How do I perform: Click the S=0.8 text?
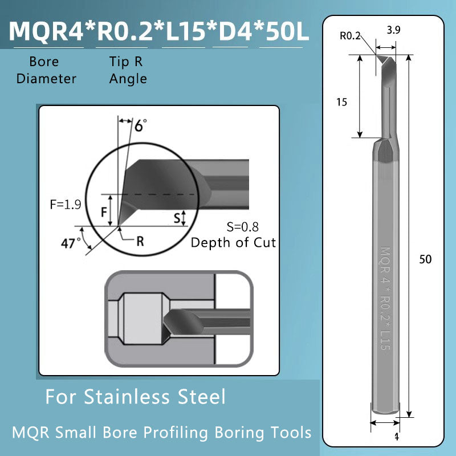coord(242,226)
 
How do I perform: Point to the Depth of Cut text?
coord(233,242)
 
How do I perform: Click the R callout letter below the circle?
coord(140,241)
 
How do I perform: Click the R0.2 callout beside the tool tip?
coord(351,36)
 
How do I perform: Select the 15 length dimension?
coord(342,102)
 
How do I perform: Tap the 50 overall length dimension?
coord(425,259)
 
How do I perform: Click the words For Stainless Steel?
coord(135,396)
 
